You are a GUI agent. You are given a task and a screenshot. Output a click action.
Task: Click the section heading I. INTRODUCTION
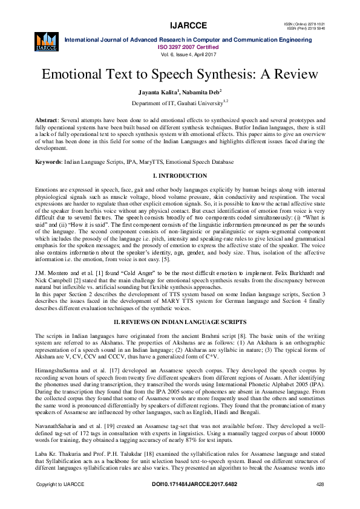[180, 176]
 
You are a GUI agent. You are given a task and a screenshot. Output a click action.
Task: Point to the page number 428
[320, 502]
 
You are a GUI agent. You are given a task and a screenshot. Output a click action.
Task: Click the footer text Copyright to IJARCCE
[58, 502]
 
